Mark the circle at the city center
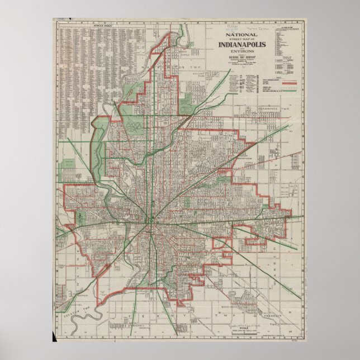[x=151, y=221]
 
